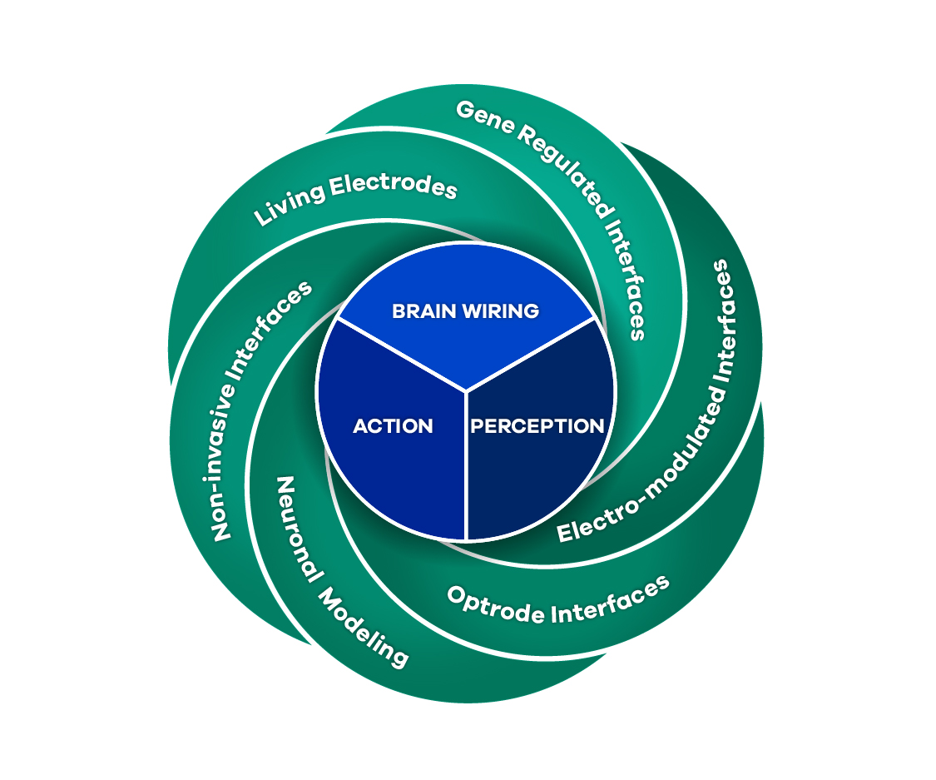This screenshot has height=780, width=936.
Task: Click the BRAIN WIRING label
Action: click(465, 311)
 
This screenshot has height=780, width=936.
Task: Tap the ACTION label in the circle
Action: click(393, 426)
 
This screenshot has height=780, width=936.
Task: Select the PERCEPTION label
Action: click(537, 426)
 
